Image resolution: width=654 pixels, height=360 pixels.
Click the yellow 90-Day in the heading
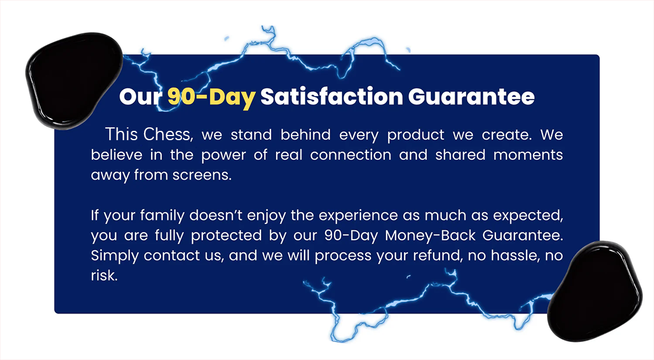point(212,97)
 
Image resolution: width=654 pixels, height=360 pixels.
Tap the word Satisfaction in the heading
point(331,97)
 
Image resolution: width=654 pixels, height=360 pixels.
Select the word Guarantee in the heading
point(471,97)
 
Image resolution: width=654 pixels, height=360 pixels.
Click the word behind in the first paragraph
point(305,135)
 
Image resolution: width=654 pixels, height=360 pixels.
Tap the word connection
point(351,155)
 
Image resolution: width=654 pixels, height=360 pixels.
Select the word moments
point(528,155)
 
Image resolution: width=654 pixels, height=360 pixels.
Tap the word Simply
point(115,256)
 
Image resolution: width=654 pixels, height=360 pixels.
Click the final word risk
point(104,275)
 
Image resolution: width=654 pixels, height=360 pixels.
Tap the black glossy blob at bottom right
point(594,291)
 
